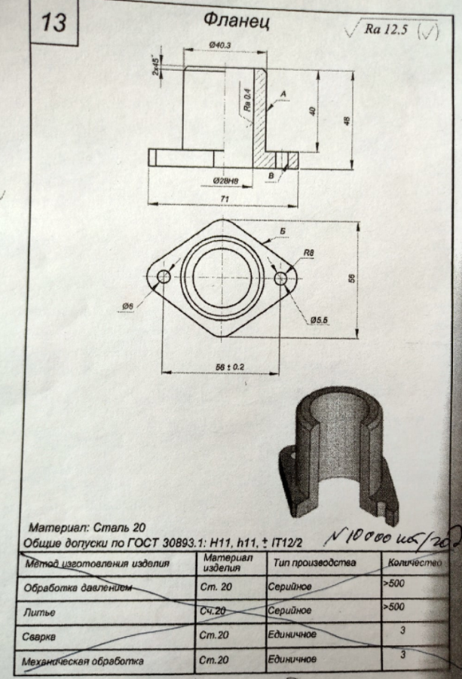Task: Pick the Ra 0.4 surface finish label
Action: pyautogui.click(x=246, y=99)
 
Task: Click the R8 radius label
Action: pyautogui.click(x=308, y=253)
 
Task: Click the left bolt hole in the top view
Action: pyautogui.click(x=162, y=279)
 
